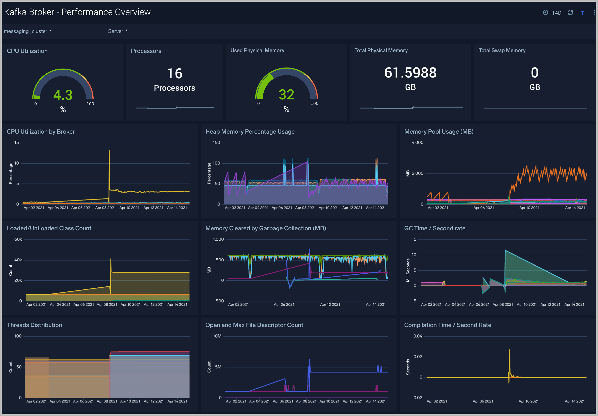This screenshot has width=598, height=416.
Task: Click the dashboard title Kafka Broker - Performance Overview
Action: click(77, 12)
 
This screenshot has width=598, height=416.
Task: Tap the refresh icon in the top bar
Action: click(570, 13)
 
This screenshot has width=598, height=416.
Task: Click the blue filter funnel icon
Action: click(582, 13)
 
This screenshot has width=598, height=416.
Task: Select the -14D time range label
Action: click(556, 13)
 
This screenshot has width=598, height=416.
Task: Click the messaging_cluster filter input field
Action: click(76, 31)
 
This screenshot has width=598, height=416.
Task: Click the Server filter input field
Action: click(152, 31)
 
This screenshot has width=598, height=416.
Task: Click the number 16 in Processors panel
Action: click(175, 74)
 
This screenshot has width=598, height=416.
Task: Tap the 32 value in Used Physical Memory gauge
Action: click(286, 94)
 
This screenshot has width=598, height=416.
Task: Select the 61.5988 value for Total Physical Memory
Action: click(410, 73)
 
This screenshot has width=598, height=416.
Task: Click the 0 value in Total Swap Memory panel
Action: click(535, 73)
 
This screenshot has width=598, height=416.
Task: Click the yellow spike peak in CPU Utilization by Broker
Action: click(109, 150)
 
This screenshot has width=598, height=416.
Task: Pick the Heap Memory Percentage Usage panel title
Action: click(250, 132)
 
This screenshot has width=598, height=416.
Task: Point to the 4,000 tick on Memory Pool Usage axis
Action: click(417, 143)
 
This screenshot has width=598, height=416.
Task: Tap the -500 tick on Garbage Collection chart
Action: click(219, 301)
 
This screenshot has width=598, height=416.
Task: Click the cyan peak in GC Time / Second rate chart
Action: click(505, 251)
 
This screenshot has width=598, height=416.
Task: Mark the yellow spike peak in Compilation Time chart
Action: click(510, 350)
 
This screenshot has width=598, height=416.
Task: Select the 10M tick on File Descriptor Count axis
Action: click(217, 336)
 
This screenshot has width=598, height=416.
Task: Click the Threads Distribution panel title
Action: click(34, 325)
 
